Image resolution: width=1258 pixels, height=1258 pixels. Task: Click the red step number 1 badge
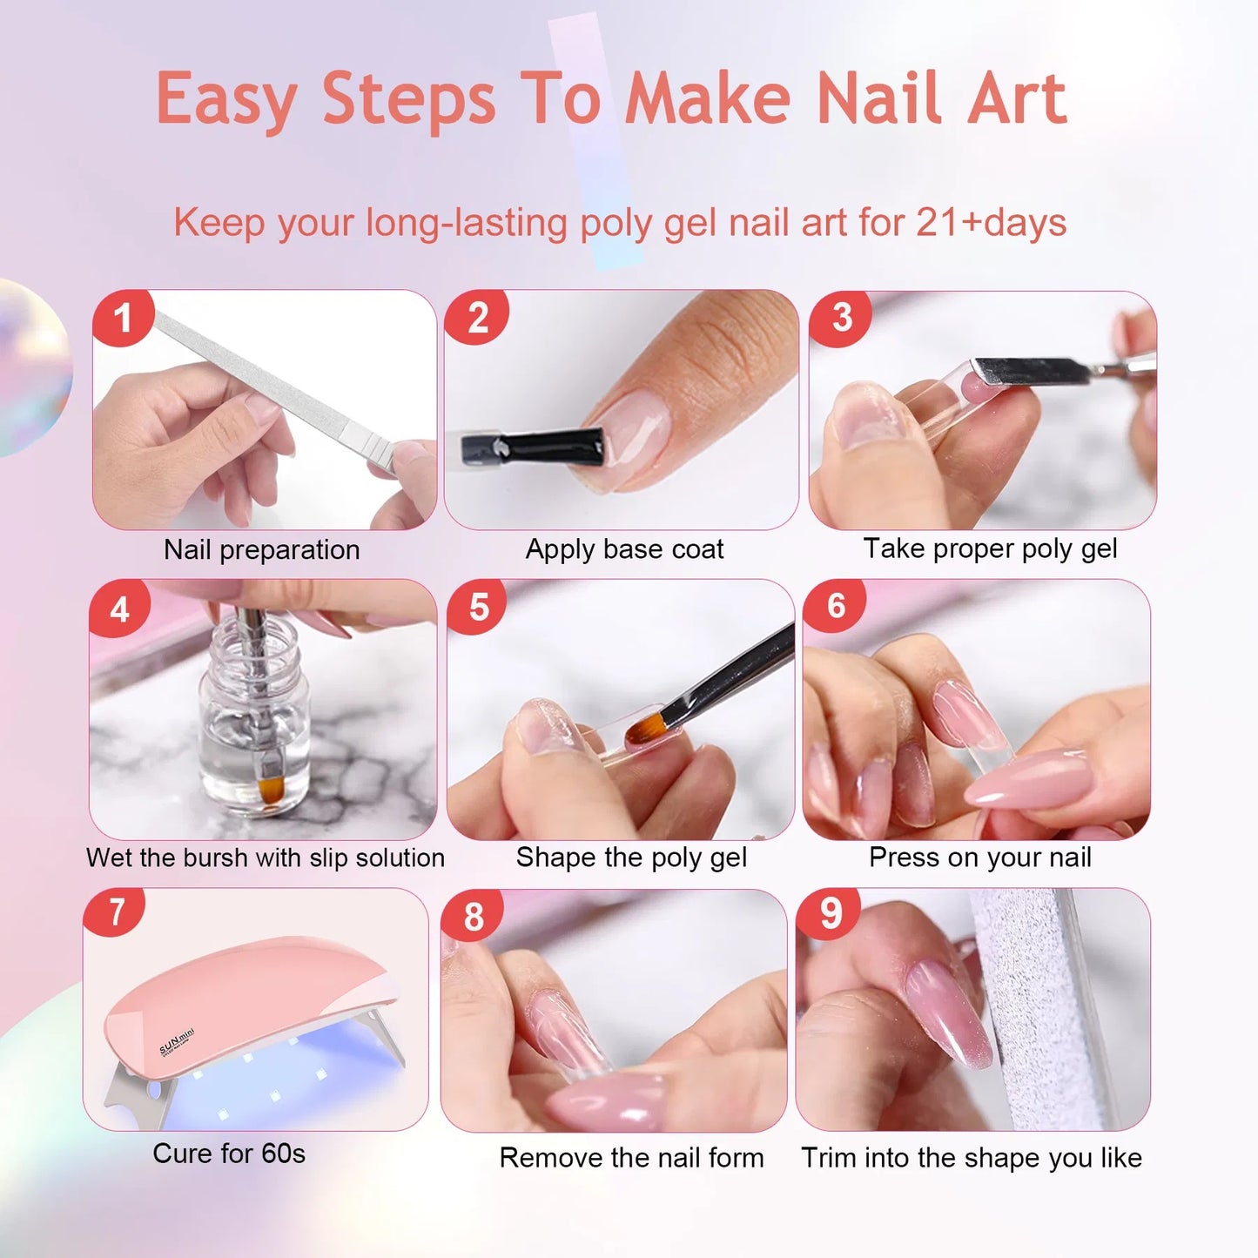(x=123, y=318)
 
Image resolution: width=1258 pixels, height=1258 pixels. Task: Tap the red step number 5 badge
(x=478, y=607)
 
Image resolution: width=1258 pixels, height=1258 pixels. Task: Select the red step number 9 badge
(x=830, y=914)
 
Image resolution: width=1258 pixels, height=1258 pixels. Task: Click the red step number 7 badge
(x=116, y=913)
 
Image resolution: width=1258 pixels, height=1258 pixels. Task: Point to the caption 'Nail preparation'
(x=261, y=550)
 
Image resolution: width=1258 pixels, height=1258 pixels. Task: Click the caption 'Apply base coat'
(x=624, y=549)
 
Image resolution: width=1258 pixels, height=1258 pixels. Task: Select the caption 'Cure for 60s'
(x=229, y=1154)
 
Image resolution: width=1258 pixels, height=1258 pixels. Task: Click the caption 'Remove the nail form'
(x=631, y=1158)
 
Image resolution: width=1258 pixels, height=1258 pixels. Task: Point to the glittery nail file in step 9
(x=1036, y=1001)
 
